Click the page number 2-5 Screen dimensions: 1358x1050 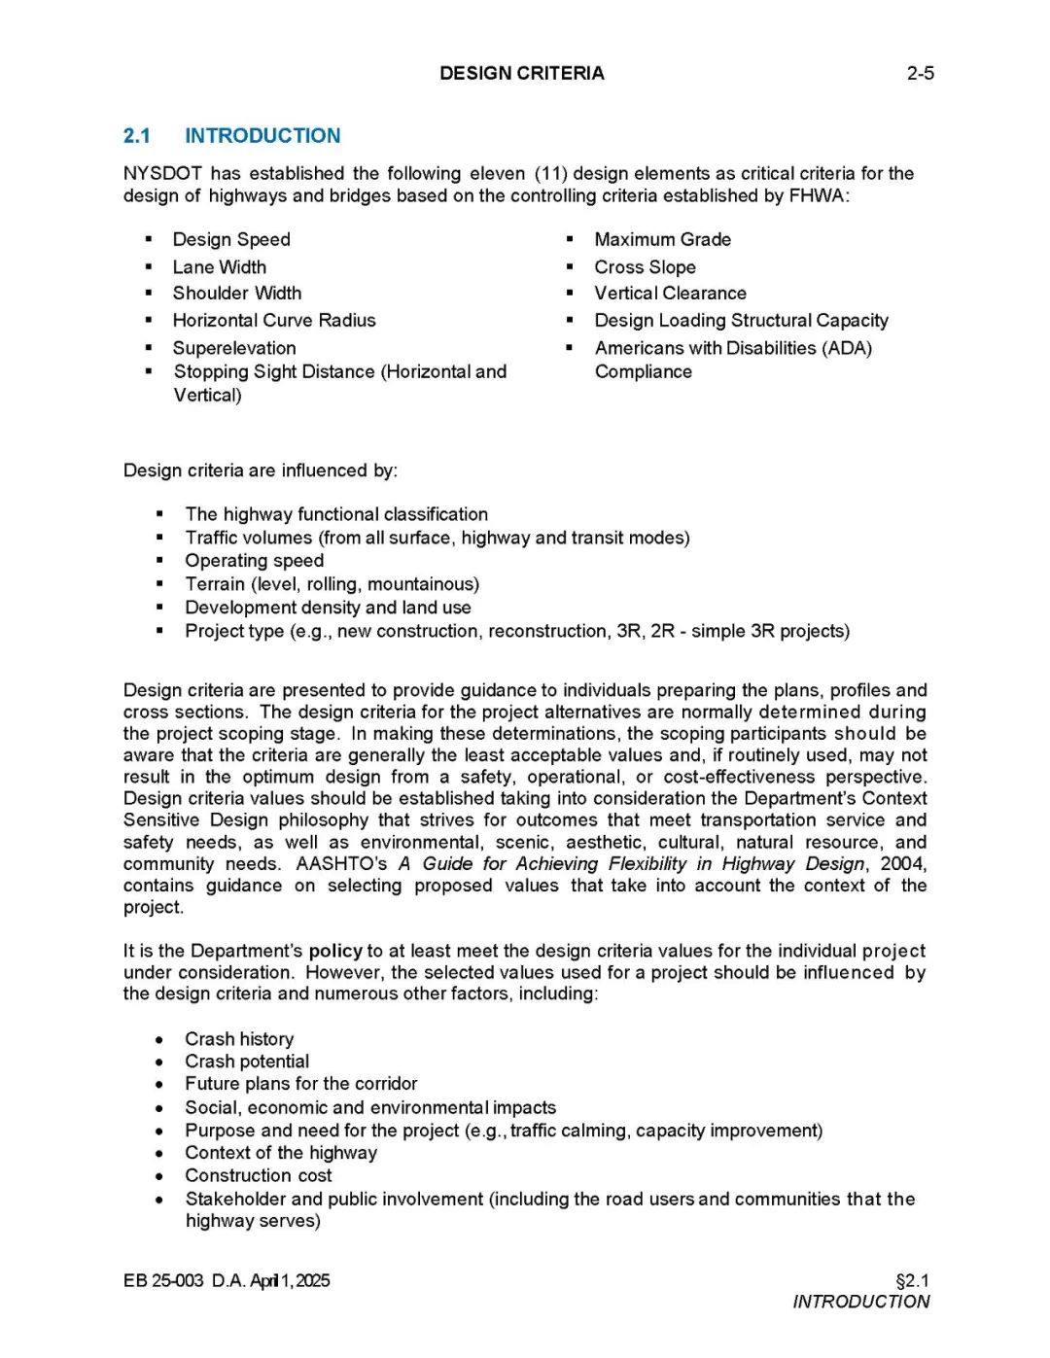tap(920, 73)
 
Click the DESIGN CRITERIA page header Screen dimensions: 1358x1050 tap(521, 73)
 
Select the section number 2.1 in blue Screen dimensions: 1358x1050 tap(137, 136)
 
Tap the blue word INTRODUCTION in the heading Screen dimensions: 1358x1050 tap(262, 136)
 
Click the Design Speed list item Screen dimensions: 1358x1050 tap(231, 239)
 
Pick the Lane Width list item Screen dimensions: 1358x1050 tap(219, 267)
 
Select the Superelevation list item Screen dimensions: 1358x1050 tap(234, 348)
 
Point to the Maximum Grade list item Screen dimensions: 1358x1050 tap(662, 239)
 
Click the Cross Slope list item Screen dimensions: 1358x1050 tap(645, 267)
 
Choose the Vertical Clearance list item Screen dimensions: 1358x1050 tap(670, 294)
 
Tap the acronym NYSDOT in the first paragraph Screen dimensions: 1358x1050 tap(162, 174)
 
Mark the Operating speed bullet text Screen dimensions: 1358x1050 tap(254, 561)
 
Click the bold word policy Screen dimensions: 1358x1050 tap(335, 951)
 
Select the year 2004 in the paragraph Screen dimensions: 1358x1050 tap(902, 864)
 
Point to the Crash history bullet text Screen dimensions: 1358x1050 tap(239, 1039)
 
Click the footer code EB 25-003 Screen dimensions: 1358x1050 tap(163, 1281)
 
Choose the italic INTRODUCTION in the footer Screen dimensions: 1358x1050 tap(860, 1303)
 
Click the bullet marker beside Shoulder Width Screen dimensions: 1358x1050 tap(149, 294)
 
